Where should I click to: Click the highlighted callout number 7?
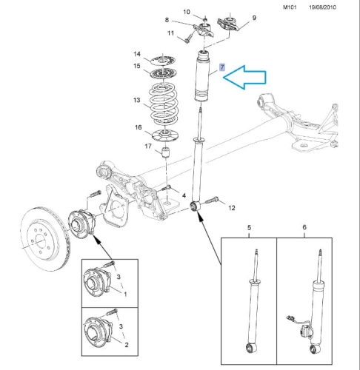pyautogui.click(x=222, y=67)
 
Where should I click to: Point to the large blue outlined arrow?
pyautogui.click(x=244, y=78)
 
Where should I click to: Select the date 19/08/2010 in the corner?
pyautogui.click(x=322, y=7)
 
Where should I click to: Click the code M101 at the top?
pyautogui.click(x=290, y=7)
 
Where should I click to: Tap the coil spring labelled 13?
pyautogui.click(x=163, y=104)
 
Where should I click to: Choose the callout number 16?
pyautogui.click(x=139, y=127)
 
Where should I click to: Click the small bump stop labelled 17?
pyautogui.click(x=166, y=152)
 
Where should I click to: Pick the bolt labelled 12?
pyautogui.click(x=211, y=200)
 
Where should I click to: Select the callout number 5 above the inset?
pyautogui.click(x=249, y=227)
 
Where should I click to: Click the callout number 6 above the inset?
pyautogui.click(x=304, y=227)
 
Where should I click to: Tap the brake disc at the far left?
pyautogui.click(x=46, y=239)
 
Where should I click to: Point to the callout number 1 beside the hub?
pyautogui.click(x=125, y=294)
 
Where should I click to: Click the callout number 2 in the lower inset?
pyautogui.click(x=127, y=345)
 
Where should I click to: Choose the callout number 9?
pyautogui.click(x=254, y=18)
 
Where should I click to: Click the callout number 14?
pyautogui.click(x=137, y=54)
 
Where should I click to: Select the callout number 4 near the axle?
pyautogui.click(x=184, y=195)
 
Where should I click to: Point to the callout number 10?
pyautogui.click(x=187, y=12)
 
